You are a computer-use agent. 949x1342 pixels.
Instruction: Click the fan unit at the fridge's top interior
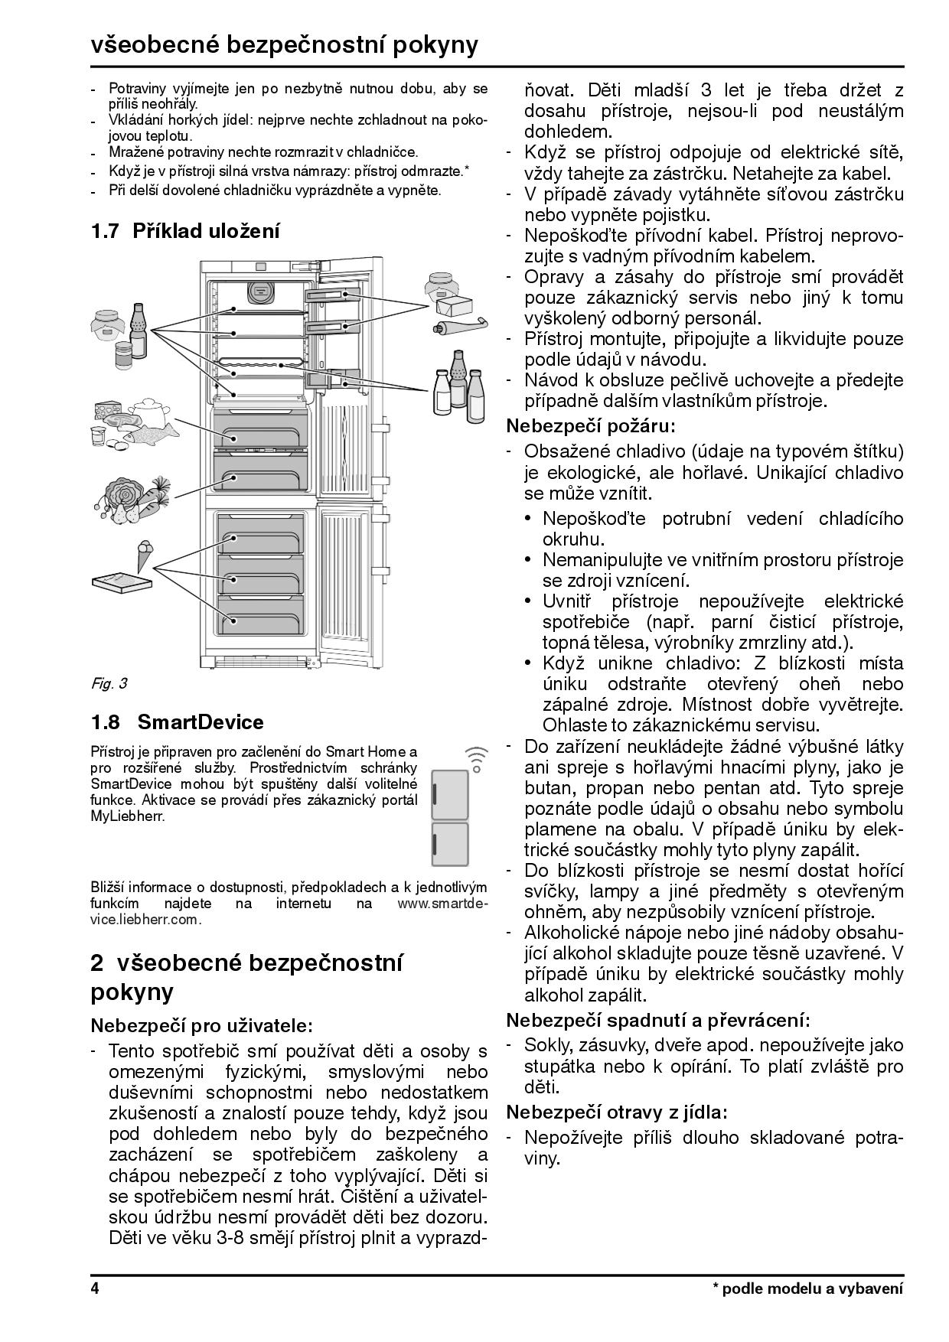(x=261, y=292)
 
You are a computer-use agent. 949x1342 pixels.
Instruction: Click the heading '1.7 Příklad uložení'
(x=185, y=230)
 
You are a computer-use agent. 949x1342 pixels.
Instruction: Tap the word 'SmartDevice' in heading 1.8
(x=201, y=721)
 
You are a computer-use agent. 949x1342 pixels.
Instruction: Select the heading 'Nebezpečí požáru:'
(x=592, y=425)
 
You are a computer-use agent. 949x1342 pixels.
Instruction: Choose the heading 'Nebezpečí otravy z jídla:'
(x=616, y=1112)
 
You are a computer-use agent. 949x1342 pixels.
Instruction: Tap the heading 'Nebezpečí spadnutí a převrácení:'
(x=657, y=1019)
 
